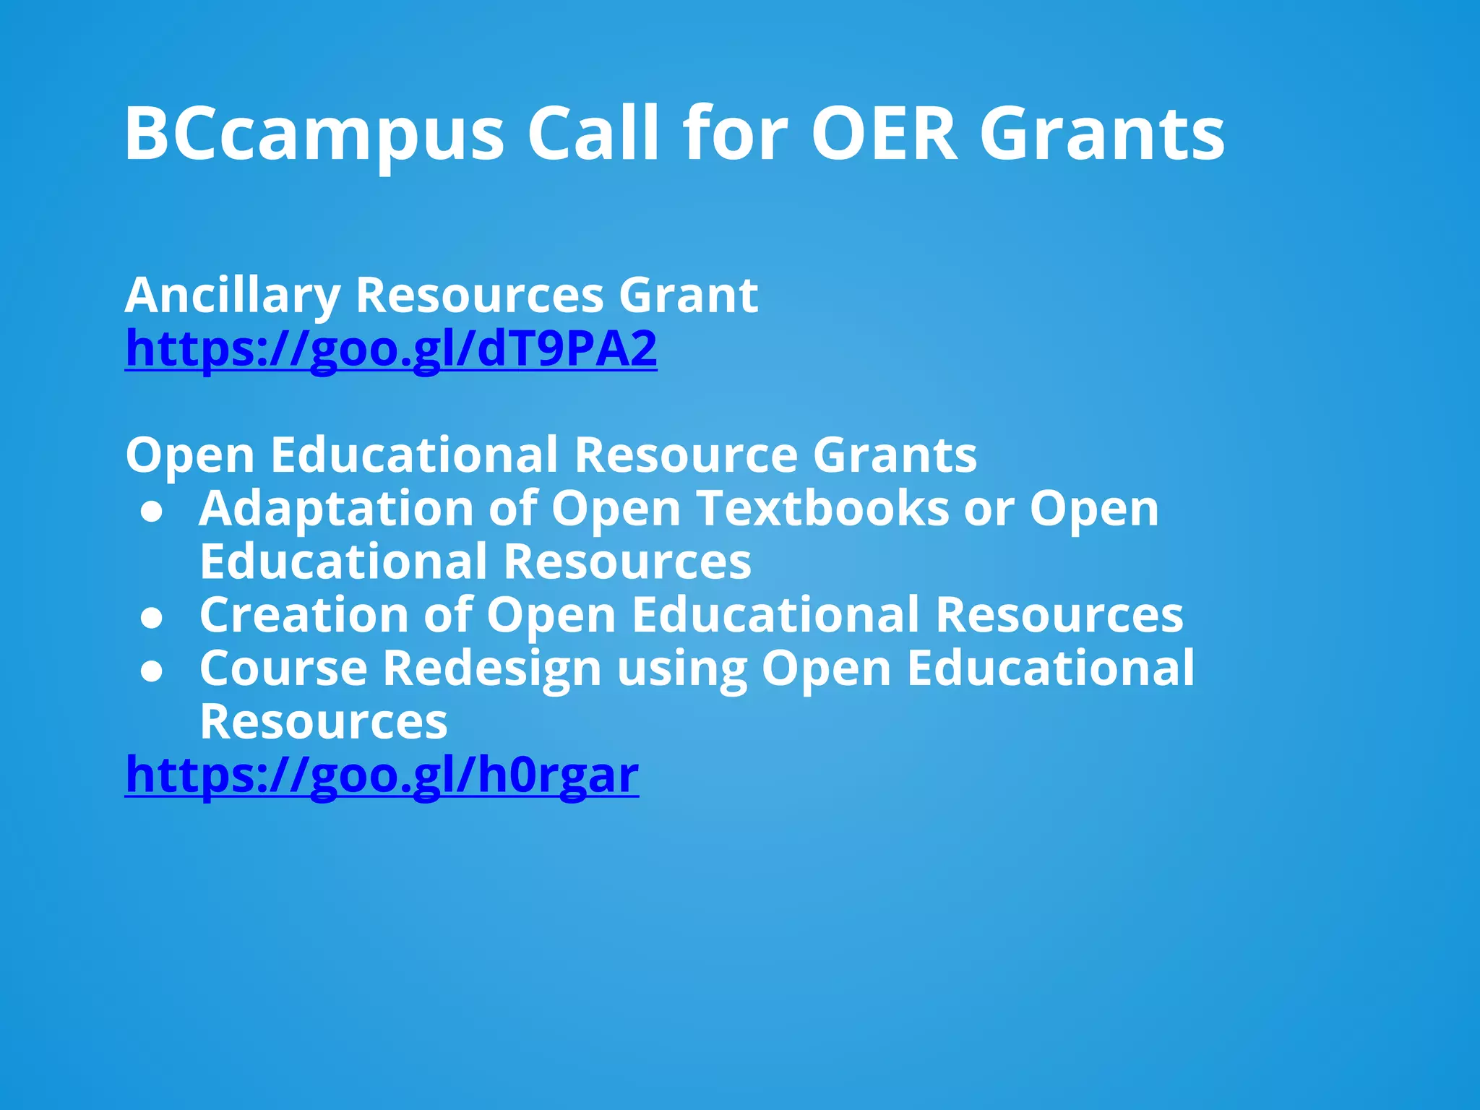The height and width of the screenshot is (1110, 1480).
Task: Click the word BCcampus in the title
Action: [x=314, y=134]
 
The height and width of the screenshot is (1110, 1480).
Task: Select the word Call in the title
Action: [x=593, y=134]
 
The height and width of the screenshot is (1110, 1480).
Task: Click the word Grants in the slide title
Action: [x=1102, y=134]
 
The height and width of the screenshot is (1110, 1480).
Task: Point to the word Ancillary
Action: [x=232, y=296]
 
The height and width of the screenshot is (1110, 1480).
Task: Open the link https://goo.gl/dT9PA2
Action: [x=391, y=349]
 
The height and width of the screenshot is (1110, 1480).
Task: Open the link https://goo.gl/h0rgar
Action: [x=382, y=775]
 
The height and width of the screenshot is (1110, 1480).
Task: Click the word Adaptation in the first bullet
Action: [x=335, y=509]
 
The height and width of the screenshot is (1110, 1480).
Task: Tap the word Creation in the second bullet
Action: [x=304, y=615]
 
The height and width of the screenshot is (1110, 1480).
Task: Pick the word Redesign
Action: [x=492, y=668]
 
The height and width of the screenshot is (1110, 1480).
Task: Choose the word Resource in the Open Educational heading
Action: [x=686, y=455]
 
